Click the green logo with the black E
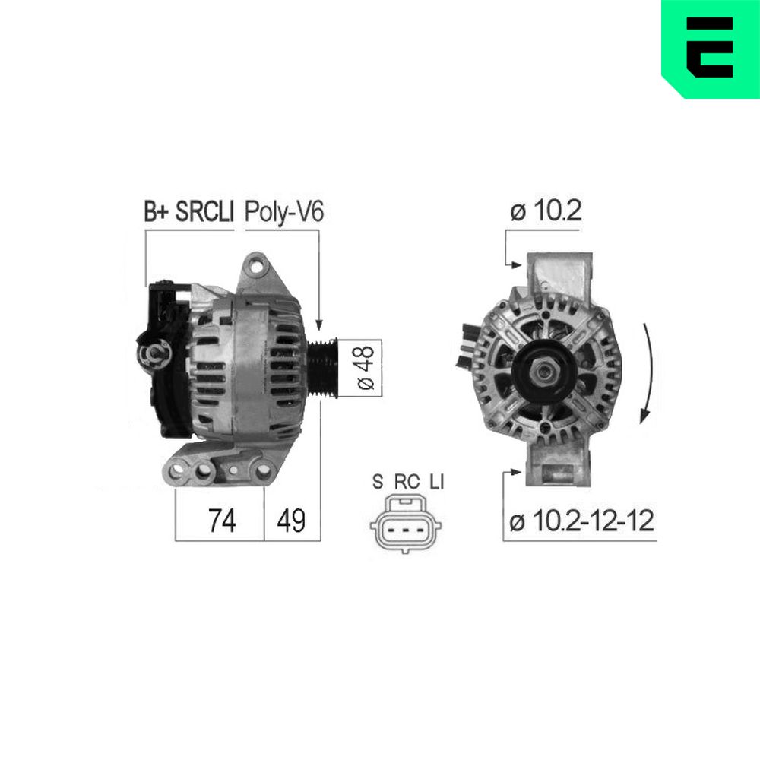tap(711, 49)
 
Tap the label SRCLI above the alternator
tap(204, 212)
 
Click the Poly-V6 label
tap(284, 212)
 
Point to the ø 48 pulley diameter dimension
tap(366, 368)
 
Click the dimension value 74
tap(222, 521)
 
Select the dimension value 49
tap(291, 521)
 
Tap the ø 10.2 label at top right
tap(546, 211)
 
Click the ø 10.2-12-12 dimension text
tap(581, 521)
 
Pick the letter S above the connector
tap(378, 482)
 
